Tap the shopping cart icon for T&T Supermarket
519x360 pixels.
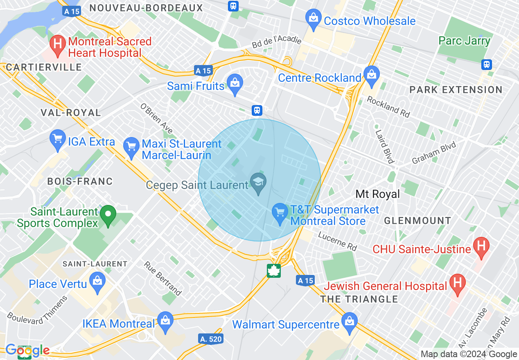tap(280, 213)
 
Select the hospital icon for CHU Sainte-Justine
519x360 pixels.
tap(481, 246)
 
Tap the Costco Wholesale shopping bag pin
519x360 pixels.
tap(313, 18)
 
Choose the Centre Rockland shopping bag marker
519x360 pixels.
tap(372, 75)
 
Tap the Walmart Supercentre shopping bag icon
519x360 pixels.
tap(350, 322)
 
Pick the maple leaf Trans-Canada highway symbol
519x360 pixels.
tap(273, 270)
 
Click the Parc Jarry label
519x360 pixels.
tap(464, 41)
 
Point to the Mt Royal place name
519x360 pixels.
tap(377, 194)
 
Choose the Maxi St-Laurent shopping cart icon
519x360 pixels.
tap(131, 146)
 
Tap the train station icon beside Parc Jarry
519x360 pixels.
tap(486, 64)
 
